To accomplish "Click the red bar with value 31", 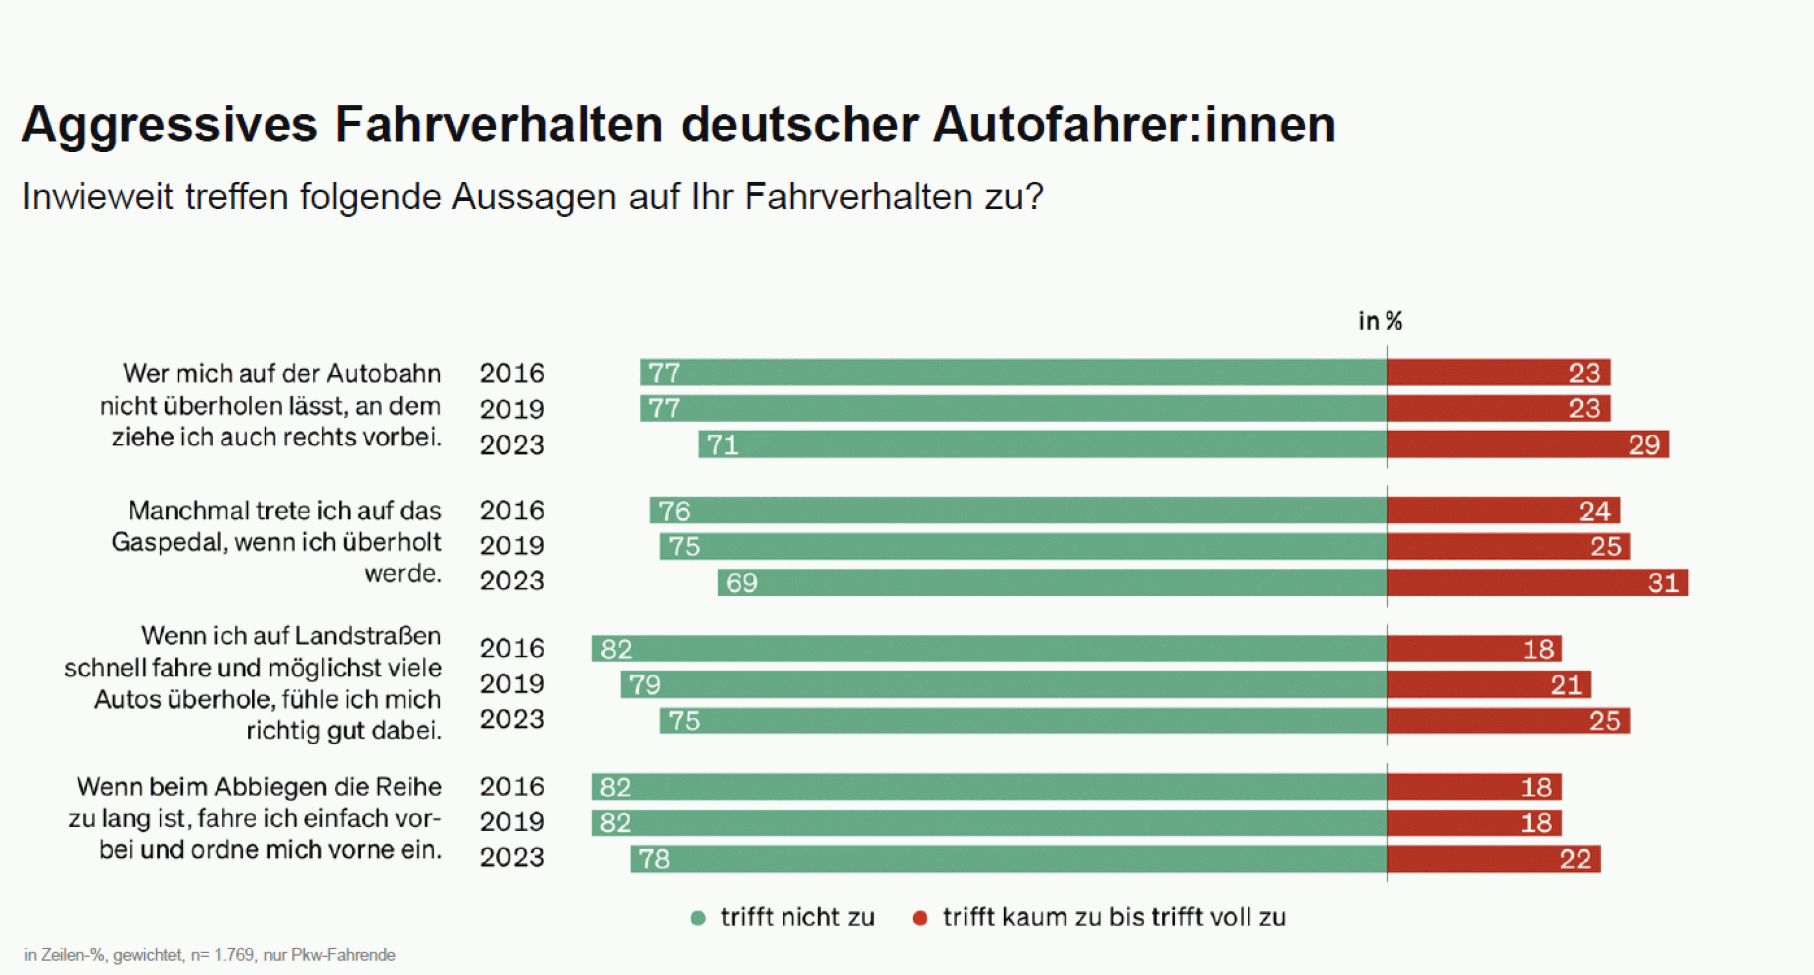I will point(1537,582).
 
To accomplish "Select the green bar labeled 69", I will point(1052,582).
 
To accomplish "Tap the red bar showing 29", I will point(1527,444).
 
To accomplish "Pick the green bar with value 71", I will point(1042,444).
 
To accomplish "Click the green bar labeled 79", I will point(1003,684).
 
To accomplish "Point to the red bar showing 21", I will point(1488,684).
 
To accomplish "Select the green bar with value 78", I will point(1008,859).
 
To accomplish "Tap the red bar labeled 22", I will point(1493,859).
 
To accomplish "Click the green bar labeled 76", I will point(1018,511).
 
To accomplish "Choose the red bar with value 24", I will point(1503,511).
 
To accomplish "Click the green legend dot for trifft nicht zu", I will point(698,918).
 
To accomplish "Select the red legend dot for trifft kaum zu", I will point(919,918).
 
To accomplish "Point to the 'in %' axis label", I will point(1380,321).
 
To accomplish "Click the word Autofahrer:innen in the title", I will point(1134,125).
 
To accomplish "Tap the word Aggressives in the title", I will point(170,125).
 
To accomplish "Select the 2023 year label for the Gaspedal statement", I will point(512,581).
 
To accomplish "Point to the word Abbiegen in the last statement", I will point(266,787).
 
